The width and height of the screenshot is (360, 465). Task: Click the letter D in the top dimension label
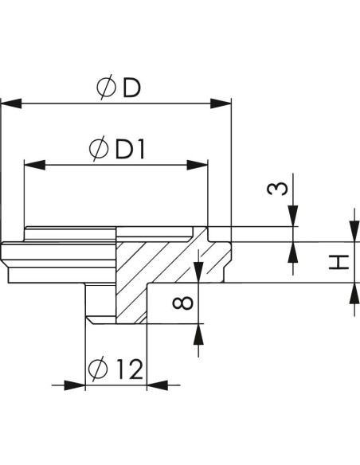(131, 88)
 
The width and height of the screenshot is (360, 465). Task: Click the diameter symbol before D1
(99, 149)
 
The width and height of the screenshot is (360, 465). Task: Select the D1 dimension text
(130, 150)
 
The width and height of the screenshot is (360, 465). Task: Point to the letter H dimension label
(339, 262)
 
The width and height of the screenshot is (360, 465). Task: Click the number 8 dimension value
(182, 303)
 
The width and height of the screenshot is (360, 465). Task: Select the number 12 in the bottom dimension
(130, 369)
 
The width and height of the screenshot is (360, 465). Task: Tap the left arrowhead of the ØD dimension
(11, 104)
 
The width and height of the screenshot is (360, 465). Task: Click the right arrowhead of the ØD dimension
(221, 104)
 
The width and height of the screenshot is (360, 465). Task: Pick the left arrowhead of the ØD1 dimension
(35, 165)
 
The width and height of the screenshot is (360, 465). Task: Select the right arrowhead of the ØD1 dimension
(198, 165)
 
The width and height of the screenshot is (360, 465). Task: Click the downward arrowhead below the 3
(293, 216)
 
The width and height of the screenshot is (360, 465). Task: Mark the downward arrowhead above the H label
(354, 231)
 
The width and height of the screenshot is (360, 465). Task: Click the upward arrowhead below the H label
(354, 293)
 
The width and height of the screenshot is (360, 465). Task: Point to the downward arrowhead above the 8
(198, 272)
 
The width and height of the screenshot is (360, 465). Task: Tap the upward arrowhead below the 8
(198, 334)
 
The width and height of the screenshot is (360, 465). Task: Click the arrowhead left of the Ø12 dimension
(75, 385)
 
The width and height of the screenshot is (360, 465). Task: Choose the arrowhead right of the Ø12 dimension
(157, 385)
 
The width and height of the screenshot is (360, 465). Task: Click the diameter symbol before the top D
(106, 87)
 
